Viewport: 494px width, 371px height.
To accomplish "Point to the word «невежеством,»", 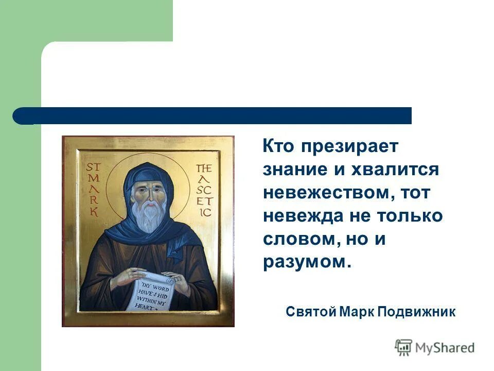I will tap(327, 193).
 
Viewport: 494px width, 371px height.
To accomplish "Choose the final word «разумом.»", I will tap(307, 262).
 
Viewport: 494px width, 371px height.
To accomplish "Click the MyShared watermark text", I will tap(445, 348).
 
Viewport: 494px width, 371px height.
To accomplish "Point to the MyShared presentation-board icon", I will tap(404, 348).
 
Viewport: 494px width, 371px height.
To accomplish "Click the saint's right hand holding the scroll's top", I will tap(123, 278).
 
